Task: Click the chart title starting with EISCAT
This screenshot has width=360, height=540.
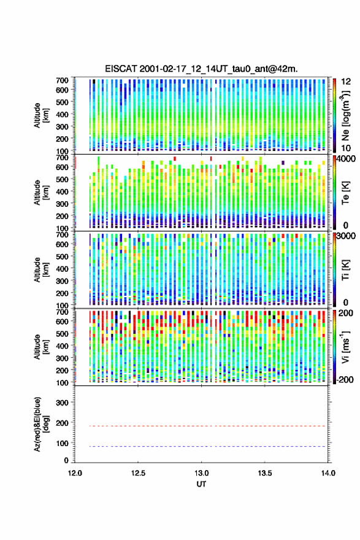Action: [201, 69]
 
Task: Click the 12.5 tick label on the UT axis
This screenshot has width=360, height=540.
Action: [138, 473]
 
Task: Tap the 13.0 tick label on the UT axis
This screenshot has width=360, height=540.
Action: [201, 473]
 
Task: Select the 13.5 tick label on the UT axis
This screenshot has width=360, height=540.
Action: [265, 473]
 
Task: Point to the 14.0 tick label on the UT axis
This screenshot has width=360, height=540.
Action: [328, 473]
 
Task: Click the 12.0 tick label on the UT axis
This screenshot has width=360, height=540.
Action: [75, 473]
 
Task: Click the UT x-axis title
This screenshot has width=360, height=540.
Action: [201, 484]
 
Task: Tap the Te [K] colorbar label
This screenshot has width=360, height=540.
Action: [345, 193]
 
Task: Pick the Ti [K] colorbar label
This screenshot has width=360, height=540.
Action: [345, 269]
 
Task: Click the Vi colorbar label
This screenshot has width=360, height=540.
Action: [345, 347]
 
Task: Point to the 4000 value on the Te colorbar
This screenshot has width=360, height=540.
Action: [345, 159]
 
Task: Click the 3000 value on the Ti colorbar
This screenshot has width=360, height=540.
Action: [346, 236]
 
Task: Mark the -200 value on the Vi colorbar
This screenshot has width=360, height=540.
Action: [344, 380]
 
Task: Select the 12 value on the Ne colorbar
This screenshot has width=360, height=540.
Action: [346, 82]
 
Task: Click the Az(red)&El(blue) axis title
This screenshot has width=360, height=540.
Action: [40, 424]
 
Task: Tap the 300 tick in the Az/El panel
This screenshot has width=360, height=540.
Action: [63, 403]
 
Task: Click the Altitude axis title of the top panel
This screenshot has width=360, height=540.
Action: [41, 115]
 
